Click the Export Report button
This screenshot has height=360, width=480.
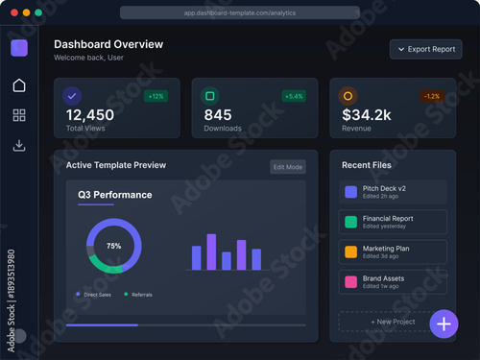click(x=426, y=49)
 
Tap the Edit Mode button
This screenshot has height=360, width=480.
click(x=287, y=167)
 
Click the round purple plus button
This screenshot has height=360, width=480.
click(x=444, y=324)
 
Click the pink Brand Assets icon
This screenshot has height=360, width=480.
click(x=350, y=281)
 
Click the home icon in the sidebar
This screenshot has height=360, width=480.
click(x=19, y=85)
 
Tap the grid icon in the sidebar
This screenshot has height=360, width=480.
click(x=19, y=116)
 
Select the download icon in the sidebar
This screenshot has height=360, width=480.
click(x=19, y=146)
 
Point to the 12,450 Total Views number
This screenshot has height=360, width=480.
click(x=89, y=115)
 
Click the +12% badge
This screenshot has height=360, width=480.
click(x=156, y=96)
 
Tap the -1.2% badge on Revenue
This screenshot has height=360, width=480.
click(x=432, y=96)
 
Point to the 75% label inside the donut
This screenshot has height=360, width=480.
click(x=113, y=246)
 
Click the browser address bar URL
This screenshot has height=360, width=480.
click(x=240, y=13)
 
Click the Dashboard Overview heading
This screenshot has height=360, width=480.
click(x=108, y=44)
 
